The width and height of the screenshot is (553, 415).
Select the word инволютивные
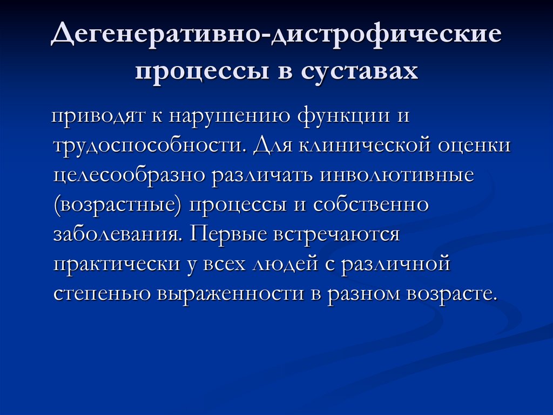coord(399,176)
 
